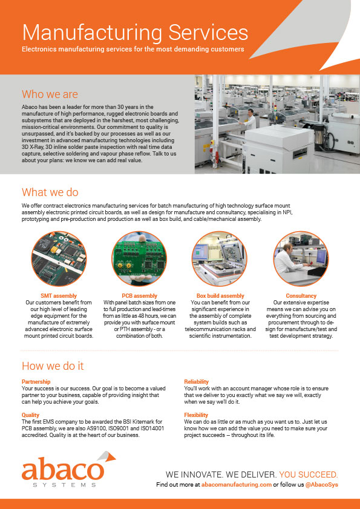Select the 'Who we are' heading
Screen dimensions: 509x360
click(50, 94)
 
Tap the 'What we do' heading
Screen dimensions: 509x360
click(50, 192)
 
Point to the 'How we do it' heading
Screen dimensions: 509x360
click(53, 366)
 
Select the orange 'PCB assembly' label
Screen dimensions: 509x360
click(139, 295)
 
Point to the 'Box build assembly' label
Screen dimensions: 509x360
click(220, 295)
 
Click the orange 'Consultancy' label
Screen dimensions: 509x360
click(301, 295)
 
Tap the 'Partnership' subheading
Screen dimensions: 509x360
click(36, 382)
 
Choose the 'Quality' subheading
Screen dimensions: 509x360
click(31, 415)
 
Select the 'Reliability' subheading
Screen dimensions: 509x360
click(196, 382)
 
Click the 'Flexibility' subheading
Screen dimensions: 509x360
click(197, 415)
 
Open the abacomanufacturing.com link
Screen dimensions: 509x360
click(235, 485)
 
